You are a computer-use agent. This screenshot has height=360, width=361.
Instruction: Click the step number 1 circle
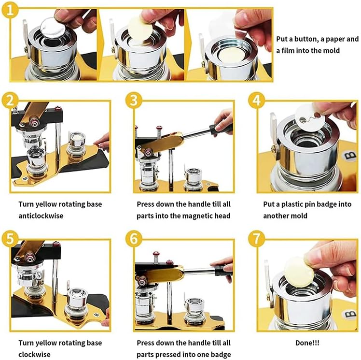[10, 10]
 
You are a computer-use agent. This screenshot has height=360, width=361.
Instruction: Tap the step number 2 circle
[10, 101]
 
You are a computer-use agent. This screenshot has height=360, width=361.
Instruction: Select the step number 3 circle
[134, 101]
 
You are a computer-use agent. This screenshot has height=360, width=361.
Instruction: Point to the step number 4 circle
[256, 101]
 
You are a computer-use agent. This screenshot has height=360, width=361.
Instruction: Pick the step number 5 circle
[10, 239]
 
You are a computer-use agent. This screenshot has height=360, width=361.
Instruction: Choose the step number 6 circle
[134, 239]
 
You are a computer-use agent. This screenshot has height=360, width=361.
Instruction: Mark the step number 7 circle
[256, 239]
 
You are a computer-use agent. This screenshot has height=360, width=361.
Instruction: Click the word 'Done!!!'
[307, 343]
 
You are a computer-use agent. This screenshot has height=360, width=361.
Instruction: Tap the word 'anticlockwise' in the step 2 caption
[41, 216]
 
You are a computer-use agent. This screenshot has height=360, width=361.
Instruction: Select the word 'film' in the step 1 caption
[288, 50]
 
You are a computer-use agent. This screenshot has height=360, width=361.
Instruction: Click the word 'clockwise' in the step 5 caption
[34, 354]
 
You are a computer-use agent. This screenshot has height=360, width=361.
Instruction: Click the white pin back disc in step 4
[310, 117]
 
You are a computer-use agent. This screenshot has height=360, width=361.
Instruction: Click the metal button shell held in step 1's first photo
[53, 28]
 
